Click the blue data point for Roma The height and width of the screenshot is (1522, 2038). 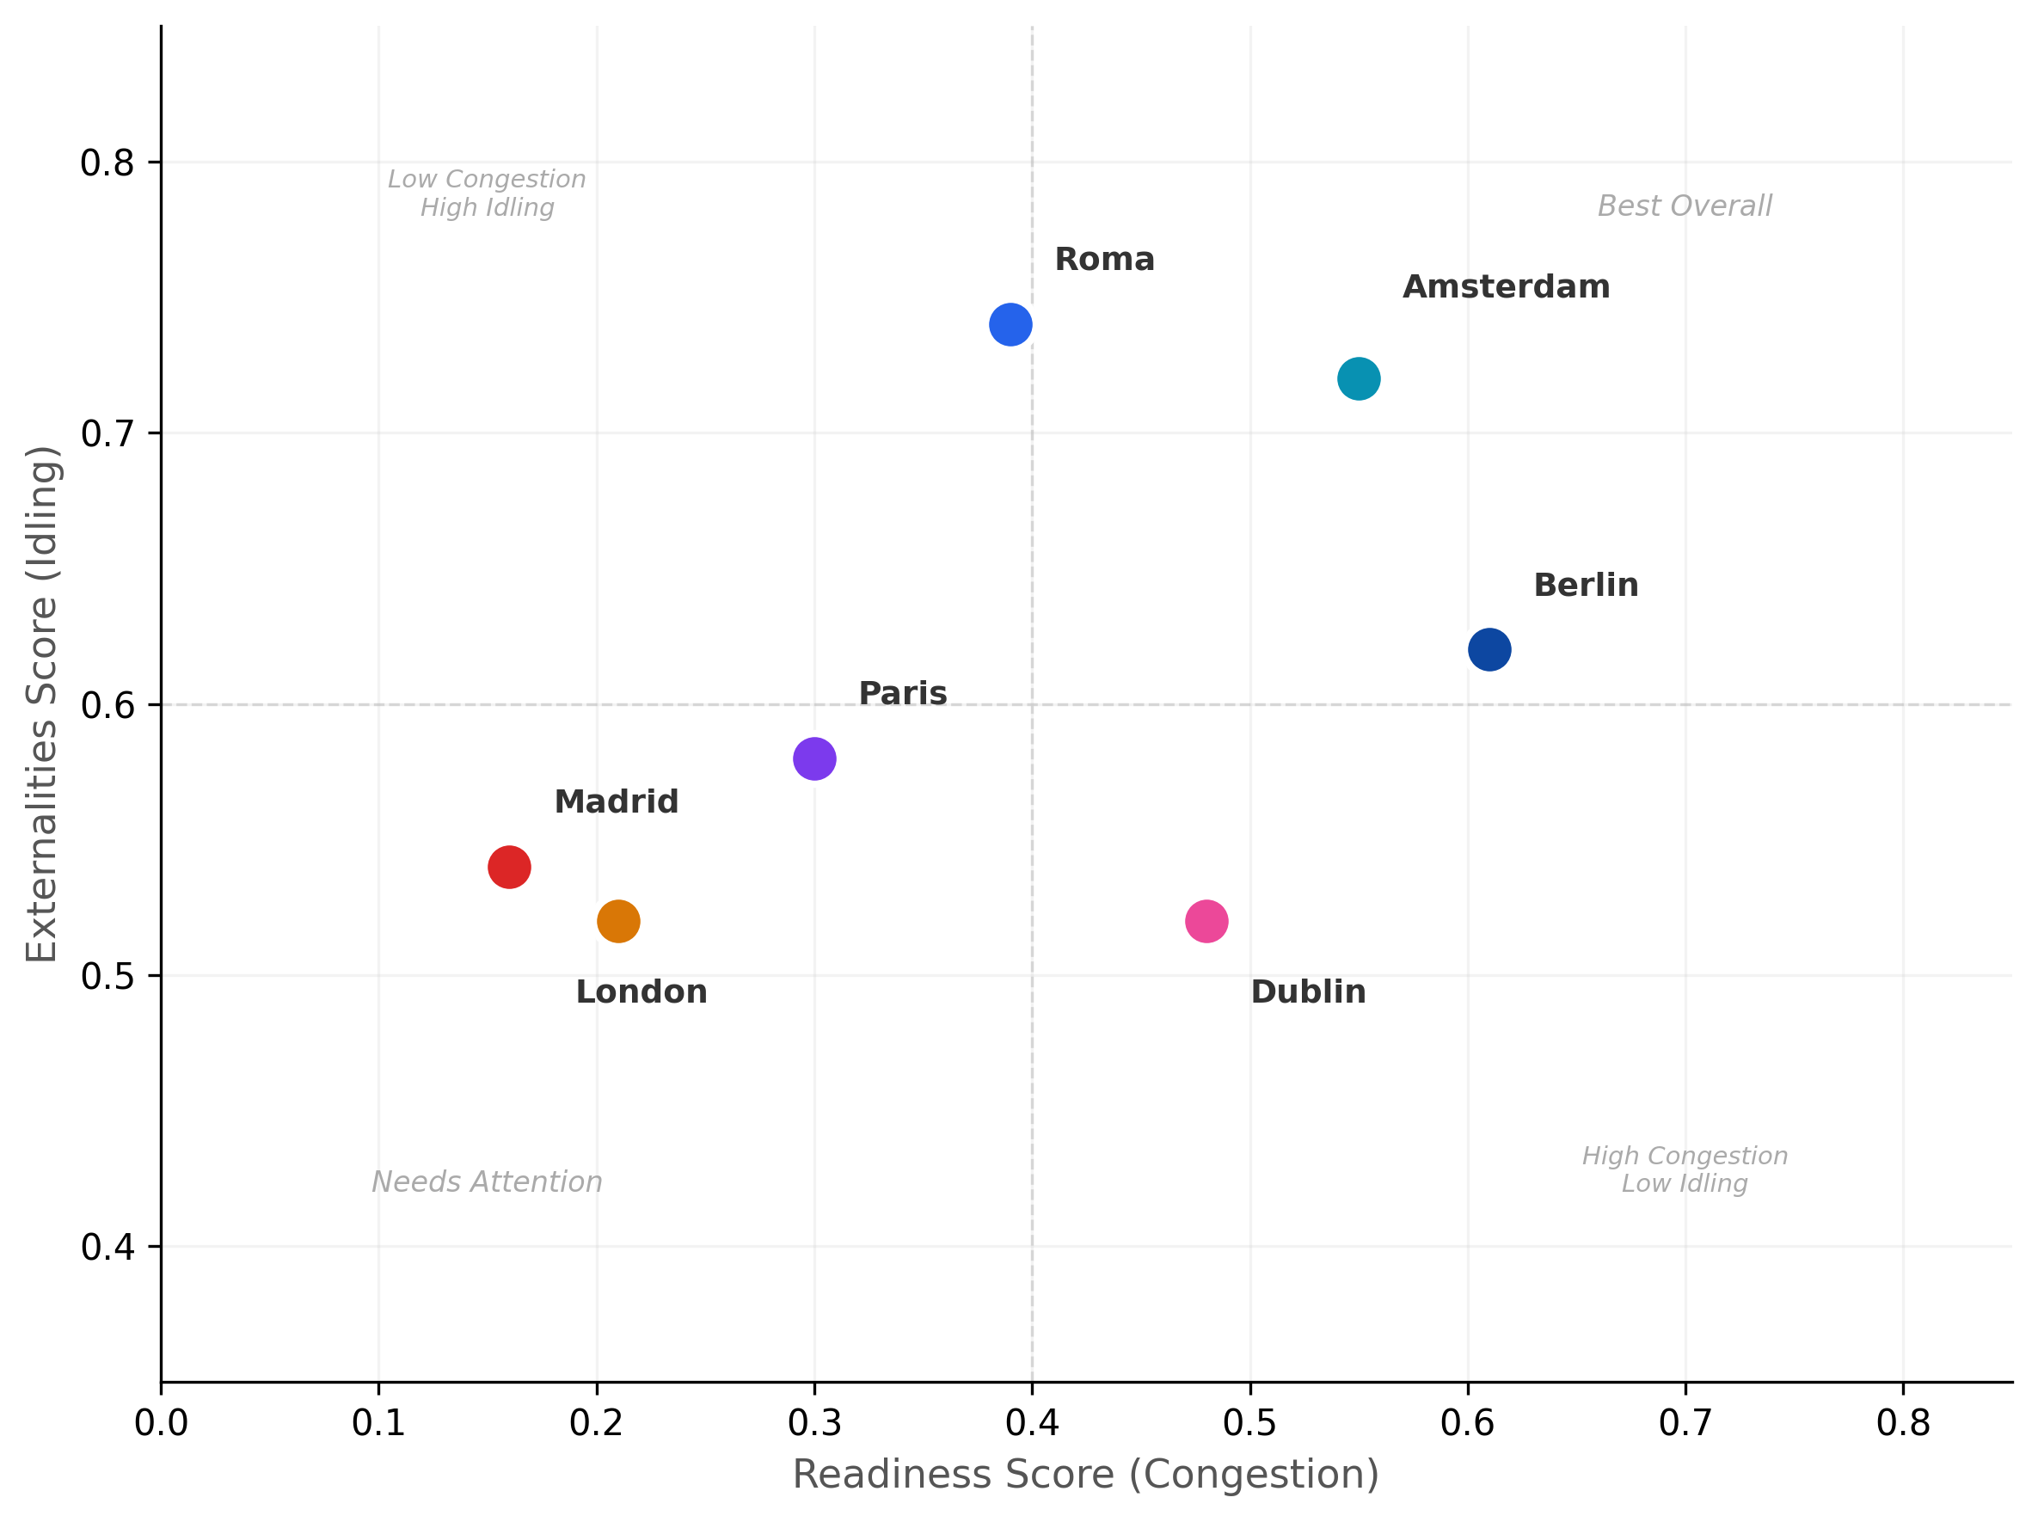[1010, 324]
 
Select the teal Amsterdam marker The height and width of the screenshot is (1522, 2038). [1358, 378]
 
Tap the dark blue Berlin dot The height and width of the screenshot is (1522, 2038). [1489, 649]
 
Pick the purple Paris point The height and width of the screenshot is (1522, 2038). [813, 758]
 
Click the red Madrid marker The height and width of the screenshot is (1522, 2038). [508, 867]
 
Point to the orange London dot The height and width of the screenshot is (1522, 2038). [617, 921]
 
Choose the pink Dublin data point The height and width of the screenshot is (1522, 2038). [1206, 921]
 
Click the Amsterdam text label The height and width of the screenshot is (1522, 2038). [1506, 287]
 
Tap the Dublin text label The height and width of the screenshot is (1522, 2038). [1307, 992]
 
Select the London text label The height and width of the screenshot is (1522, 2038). [641, 992]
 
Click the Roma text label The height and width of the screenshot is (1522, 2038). [1104, 260]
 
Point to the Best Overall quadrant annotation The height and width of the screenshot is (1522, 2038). [1685, 206]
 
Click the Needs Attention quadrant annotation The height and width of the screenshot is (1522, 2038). [487, 1182]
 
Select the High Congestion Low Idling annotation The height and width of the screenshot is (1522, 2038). [1685, 1170]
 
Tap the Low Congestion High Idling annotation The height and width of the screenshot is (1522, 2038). [487, 193]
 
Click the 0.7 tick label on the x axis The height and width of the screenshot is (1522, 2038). [1685, 1423]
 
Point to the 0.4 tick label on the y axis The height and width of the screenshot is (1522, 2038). [107, 1248]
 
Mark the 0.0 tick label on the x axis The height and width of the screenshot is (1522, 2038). [162, 1423]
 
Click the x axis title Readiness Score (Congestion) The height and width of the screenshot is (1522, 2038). [1085, 1474]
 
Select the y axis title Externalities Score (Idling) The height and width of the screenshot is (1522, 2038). [42, 704]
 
